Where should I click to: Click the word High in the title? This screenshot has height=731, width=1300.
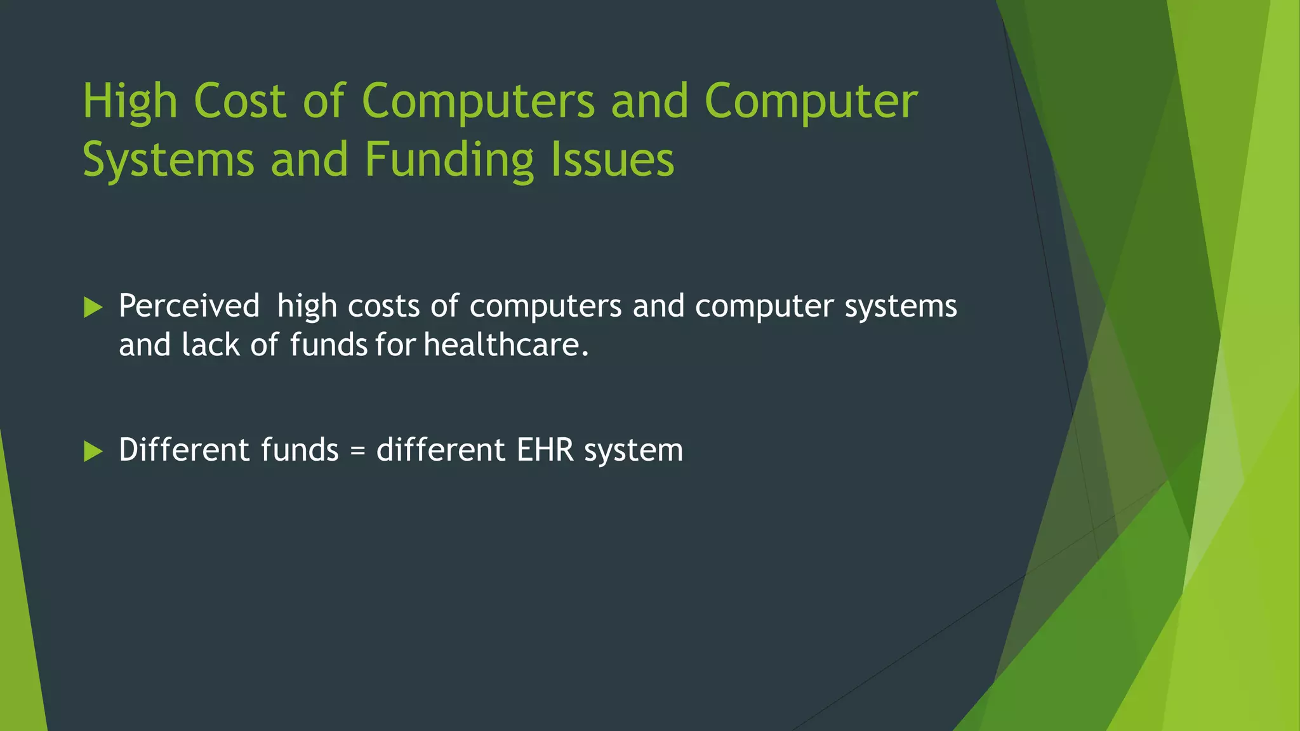(130, 102)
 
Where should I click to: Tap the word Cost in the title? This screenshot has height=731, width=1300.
(239, 102)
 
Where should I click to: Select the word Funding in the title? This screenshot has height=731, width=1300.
(449, 160)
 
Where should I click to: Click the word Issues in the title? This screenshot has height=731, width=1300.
(612, 160)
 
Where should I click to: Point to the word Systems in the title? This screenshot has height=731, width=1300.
(168, 160)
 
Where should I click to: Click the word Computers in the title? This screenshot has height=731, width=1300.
(478, 102)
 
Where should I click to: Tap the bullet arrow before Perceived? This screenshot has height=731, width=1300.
(93, 308)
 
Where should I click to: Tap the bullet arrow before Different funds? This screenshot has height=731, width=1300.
(93, 452)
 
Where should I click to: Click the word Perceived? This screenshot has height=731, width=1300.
(189, 306)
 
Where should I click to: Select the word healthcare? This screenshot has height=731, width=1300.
(506, 345)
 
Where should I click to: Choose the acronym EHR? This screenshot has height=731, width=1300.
(545, 451)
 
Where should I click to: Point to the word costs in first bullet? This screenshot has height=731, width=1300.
(383, 306)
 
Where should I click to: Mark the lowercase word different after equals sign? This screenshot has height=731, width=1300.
(441, 451)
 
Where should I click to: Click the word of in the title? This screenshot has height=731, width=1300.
(323, 102)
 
